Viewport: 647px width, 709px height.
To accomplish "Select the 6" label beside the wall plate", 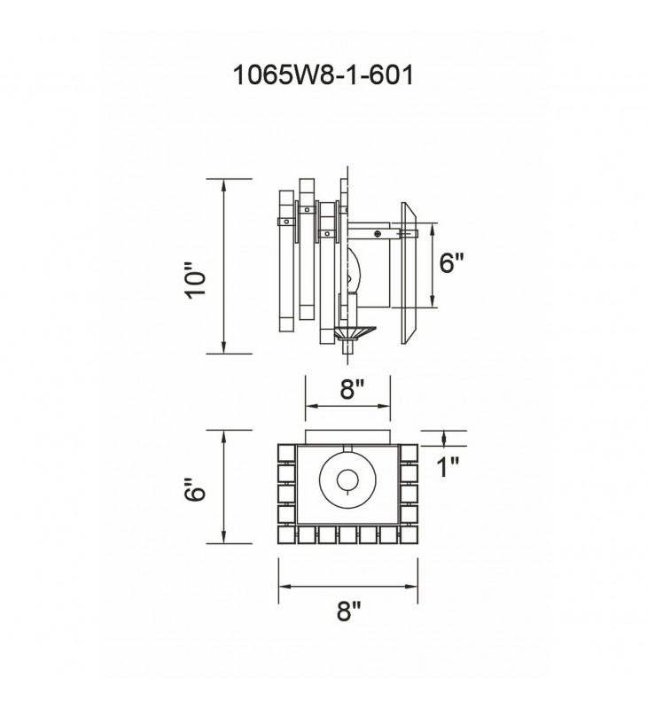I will (452, 264).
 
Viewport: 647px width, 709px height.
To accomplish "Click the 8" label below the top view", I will (349, 612).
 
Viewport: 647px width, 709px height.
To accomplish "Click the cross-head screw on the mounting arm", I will (378, 234).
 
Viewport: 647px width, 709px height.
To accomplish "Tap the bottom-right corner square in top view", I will (409, 534).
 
